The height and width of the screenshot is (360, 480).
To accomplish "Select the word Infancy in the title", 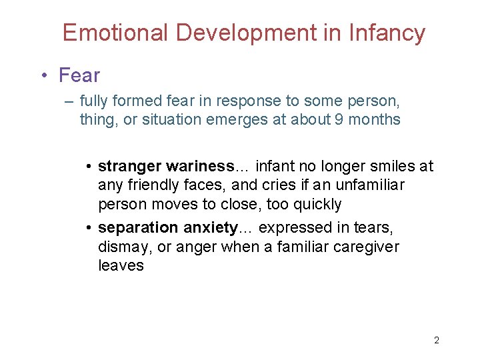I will point(387,33).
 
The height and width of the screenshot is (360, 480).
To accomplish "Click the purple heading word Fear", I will point(79,75).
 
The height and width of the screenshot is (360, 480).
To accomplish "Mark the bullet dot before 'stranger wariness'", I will point(89,166).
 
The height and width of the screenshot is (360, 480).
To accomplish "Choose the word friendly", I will point(157,185).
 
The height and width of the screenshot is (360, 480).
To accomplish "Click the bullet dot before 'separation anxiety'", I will point(89,229).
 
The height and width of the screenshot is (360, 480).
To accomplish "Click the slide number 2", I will point(437,340).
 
